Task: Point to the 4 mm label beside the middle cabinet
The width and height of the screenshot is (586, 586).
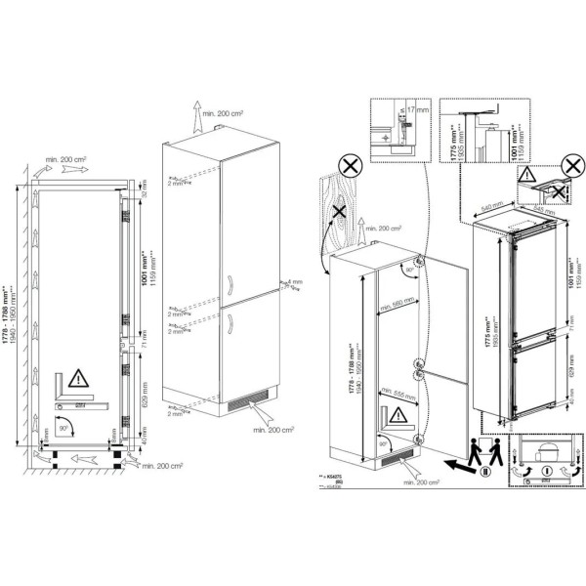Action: [x=291, y=281]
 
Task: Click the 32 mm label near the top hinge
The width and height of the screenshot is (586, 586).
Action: [x=143, y=194]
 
